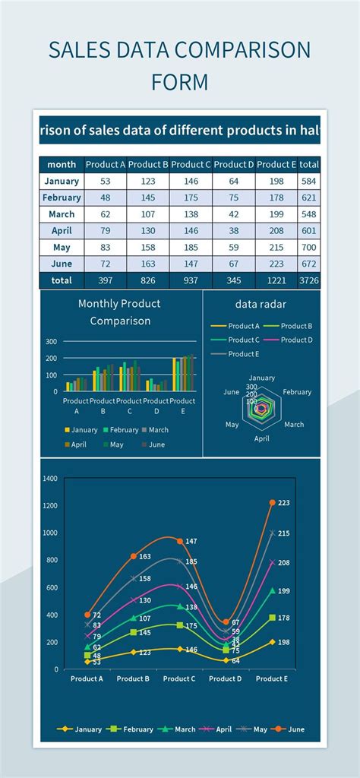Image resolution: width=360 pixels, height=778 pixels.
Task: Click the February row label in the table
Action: pyautogui.click(x=62, y=198)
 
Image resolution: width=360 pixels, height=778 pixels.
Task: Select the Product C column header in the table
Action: pyautogui.click(x=191, y=164)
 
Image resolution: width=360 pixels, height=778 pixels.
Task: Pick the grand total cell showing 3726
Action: pyautogui.click(x=308, y=280)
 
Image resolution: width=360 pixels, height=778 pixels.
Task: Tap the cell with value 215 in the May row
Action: pyautogui.click(x=276, y=247)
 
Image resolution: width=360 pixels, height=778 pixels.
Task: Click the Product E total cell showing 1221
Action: pyautogui.click(x=276, y=280)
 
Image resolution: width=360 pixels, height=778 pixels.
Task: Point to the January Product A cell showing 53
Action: pyautogui.click(x=105, y=181)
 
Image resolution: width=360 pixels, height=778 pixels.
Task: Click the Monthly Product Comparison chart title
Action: pyautogui.click(x=119, y=312)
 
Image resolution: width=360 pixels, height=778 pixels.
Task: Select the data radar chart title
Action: pyautogui.click(x=261, y=304)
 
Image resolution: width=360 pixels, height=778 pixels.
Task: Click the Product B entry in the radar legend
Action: pyautogui.click(x=296, y=326)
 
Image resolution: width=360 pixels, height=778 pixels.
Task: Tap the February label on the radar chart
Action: pyautogui.click(x=297, y=392)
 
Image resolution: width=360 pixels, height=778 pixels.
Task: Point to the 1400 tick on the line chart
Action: pyautogui.click(x=50, y=479)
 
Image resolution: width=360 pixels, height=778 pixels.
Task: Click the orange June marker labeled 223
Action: pyautogui.click(x=273, y=502)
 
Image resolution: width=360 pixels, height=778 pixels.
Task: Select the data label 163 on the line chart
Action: pyautogui.click(x=144, y=557)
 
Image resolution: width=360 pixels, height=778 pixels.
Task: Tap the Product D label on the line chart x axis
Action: pyautogui.click(x=226, y=678)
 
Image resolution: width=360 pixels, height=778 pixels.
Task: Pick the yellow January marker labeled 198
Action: pyautogui.click(x=273, y=642)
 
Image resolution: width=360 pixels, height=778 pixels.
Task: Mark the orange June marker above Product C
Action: pyautogui.click(x=179, y=541)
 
